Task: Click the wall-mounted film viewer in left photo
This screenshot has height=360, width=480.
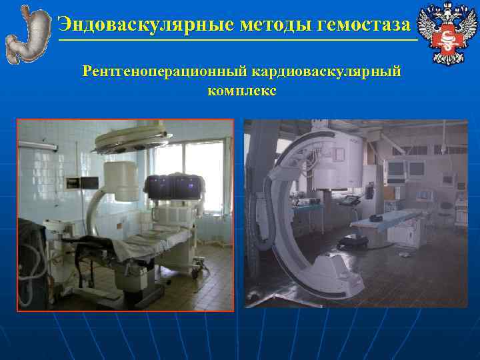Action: coord(72,181)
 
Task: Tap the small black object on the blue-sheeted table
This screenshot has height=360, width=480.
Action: coord(378,217)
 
